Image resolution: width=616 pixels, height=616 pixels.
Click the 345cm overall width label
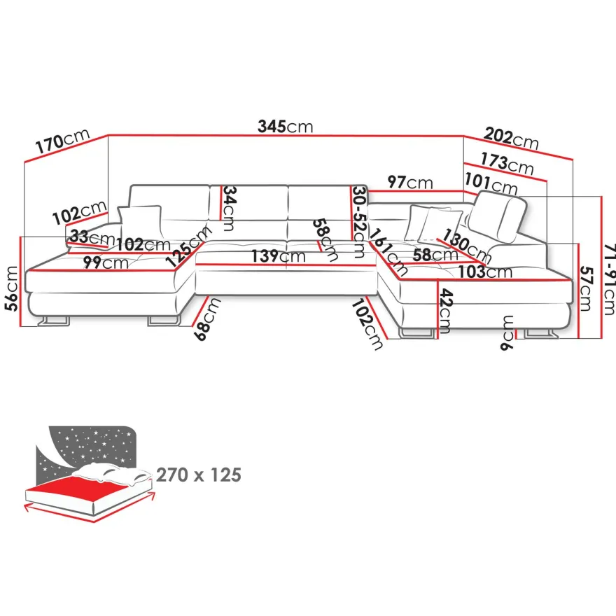[x=285, y=127]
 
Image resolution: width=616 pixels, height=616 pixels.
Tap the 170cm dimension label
[x=63, y=141]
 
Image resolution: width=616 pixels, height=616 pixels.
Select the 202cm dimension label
[x=511, y=139]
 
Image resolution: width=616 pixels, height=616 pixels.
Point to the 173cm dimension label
[x=507, y=163]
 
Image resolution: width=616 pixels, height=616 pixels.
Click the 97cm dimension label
[x=409, y=182]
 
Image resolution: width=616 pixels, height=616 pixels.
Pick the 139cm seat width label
[x=279, y=256]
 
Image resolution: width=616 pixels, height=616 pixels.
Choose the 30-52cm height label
[x=359, y=222]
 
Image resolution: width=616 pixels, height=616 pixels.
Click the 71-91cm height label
[x=608, y=279]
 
